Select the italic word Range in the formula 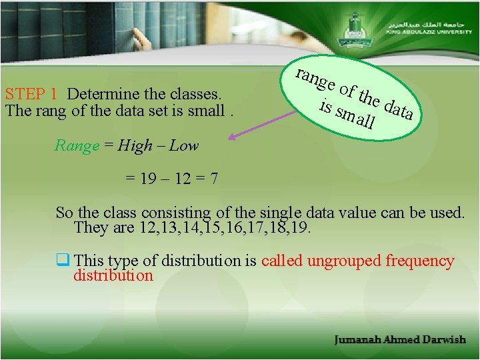tap(77, 146)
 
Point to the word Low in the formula tap(184, 146)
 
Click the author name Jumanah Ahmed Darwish tap(400, 340)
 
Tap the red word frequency tap(420, 261)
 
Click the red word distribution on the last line tap(113, 275)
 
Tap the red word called tap(282, 261)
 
